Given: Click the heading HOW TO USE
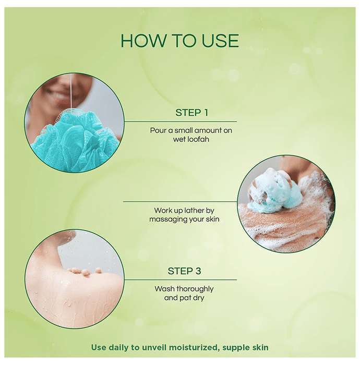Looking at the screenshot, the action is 179,41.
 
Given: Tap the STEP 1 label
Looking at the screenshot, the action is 191,113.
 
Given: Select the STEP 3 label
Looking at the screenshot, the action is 184,271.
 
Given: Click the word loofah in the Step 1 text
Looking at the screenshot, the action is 198,139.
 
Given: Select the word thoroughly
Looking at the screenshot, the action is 195,289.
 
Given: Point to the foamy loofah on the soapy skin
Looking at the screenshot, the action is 272,190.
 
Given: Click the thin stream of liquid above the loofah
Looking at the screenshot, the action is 70,91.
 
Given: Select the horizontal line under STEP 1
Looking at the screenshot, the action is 181,121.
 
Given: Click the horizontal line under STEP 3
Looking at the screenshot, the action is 181,280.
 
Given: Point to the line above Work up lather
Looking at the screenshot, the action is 180,202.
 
